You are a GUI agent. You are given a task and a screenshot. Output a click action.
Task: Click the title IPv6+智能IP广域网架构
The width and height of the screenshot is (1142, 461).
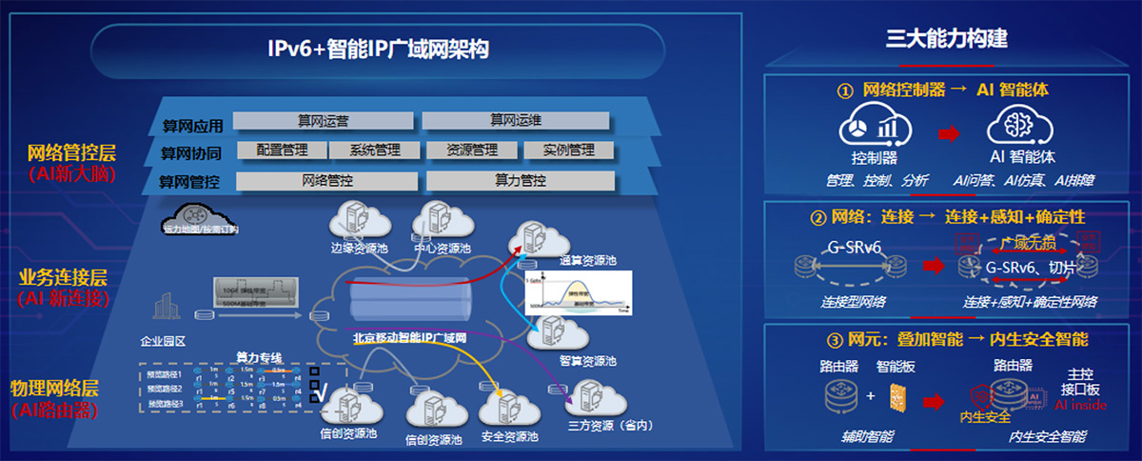(378, 48)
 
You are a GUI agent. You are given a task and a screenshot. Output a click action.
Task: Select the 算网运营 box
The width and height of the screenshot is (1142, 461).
(323, 120)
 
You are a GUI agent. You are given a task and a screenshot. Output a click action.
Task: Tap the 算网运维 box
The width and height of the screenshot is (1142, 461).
(515, 120)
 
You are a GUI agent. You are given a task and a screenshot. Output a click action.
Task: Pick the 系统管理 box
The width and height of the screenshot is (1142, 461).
(374, 150)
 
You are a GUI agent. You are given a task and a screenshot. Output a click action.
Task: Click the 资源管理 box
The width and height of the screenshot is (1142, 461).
(471, 150)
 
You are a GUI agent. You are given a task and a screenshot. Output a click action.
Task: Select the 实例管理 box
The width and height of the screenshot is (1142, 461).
(568, 150)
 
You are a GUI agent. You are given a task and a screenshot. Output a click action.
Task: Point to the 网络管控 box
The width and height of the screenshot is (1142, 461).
(327, 179)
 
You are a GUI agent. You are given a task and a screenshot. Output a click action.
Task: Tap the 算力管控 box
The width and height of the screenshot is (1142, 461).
(520, 179)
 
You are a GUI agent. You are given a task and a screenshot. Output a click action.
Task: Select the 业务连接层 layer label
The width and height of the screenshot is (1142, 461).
(64, 277)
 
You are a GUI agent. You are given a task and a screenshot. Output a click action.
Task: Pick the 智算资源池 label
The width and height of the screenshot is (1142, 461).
(587, 361)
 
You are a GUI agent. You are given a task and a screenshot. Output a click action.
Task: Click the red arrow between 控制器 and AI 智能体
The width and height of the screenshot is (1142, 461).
(947, 134)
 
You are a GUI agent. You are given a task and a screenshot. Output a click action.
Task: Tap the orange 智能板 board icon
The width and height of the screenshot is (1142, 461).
(896, 394)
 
